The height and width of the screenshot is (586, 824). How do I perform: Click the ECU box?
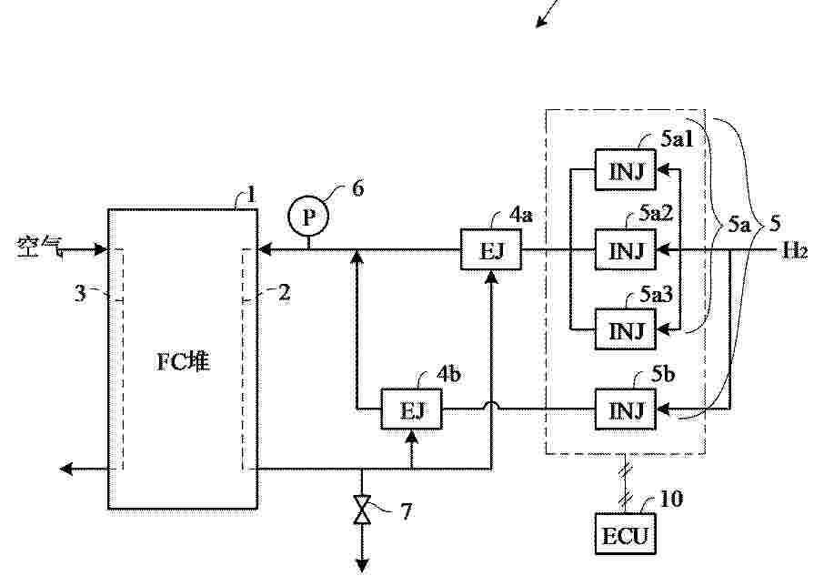click(625, 534)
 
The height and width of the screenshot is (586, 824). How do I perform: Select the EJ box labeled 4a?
click(491, 249)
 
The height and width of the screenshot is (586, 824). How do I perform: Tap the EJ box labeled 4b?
click(411, 409)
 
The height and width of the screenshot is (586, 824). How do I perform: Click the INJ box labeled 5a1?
click(625, 170)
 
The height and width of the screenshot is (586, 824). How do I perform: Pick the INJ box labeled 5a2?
click(625, 249)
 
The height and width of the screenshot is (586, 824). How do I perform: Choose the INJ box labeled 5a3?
click(625, 329)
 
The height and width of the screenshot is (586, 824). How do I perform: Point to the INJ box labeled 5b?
click(625, 409)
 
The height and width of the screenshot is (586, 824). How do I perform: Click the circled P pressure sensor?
click(308, 216)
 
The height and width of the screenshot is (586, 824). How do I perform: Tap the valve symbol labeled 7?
click(362, 510)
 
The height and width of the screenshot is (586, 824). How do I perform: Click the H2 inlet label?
click(795, 251)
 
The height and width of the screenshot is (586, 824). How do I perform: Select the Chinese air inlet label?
click(40, 247)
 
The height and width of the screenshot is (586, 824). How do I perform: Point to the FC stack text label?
click(184, 362)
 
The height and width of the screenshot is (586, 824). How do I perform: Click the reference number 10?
click(671, 499)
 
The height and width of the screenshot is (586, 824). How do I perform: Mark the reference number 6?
click(357, 188)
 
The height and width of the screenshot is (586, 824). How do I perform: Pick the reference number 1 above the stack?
click(251, 195)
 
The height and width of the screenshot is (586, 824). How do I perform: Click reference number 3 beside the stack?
click(80, 293)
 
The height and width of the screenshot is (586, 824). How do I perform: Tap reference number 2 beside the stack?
click(284, 292)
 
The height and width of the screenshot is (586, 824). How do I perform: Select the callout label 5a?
click(739, 225)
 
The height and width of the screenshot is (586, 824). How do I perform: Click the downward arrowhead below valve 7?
click(362, 566)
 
